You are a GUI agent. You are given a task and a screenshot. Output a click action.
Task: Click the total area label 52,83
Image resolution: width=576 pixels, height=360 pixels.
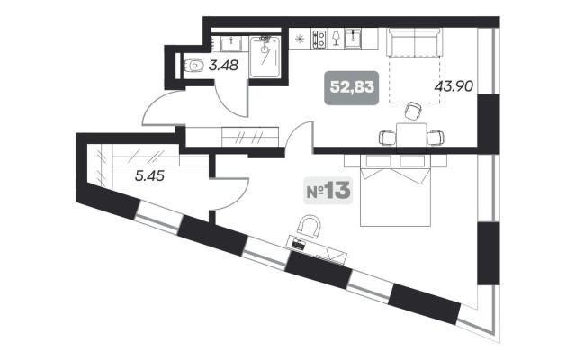(352, 88)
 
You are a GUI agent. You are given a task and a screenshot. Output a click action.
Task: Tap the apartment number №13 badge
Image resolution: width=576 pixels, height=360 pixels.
(328, 191)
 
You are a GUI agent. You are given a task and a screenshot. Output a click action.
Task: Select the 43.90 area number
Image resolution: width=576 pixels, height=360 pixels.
(454, 86)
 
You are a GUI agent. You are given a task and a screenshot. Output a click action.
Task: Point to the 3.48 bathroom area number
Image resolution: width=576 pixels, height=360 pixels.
(223, 66)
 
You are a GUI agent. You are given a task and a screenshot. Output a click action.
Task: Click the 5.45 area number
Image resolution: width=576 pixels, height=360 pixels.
(149, 176)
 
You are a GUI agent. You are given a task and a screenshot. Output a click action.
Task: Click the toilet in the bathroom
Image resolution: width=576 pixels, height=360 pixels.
(193, 66)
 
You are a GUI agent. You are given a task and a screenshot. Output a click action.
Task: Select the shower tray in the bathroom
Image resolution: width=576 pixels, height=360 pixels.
(265, 57)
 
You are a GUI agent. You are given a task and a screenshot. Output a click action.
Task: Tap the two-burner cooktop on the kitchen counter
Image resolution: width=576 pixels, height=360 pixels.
(319, 40)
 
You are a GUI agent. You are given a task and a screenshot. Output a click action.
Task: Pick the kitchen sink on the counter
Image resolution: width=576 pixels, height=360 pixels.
(354, 40)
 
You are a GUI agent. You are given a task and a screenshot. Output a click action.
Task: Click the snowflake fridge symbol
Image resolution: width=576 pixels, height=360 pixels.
(300, 39)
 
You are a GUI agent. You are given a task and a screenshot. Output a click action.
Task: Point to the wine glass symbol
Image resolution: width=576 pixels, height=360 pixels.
(336, 39)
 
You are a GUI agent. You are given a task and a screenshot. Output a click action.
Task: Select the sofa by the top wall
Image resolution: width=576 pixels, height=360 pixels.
(414, 42)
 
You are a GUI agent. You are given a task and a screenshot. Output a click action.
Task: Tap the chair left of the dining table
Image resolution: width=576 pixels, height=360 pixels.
(388, 138)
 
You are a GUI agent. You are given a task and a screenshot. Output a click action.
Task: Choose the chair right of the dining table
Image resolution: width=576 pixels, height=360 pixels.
(436, 138)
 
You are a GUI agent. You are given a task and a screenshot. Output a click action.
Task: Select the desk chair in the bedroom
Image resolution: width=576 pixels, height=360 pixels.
(310, 225)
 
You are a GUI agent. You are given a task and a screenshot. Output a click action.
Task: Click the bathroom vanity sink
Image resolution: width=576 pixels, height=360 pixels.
(231, 44)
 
